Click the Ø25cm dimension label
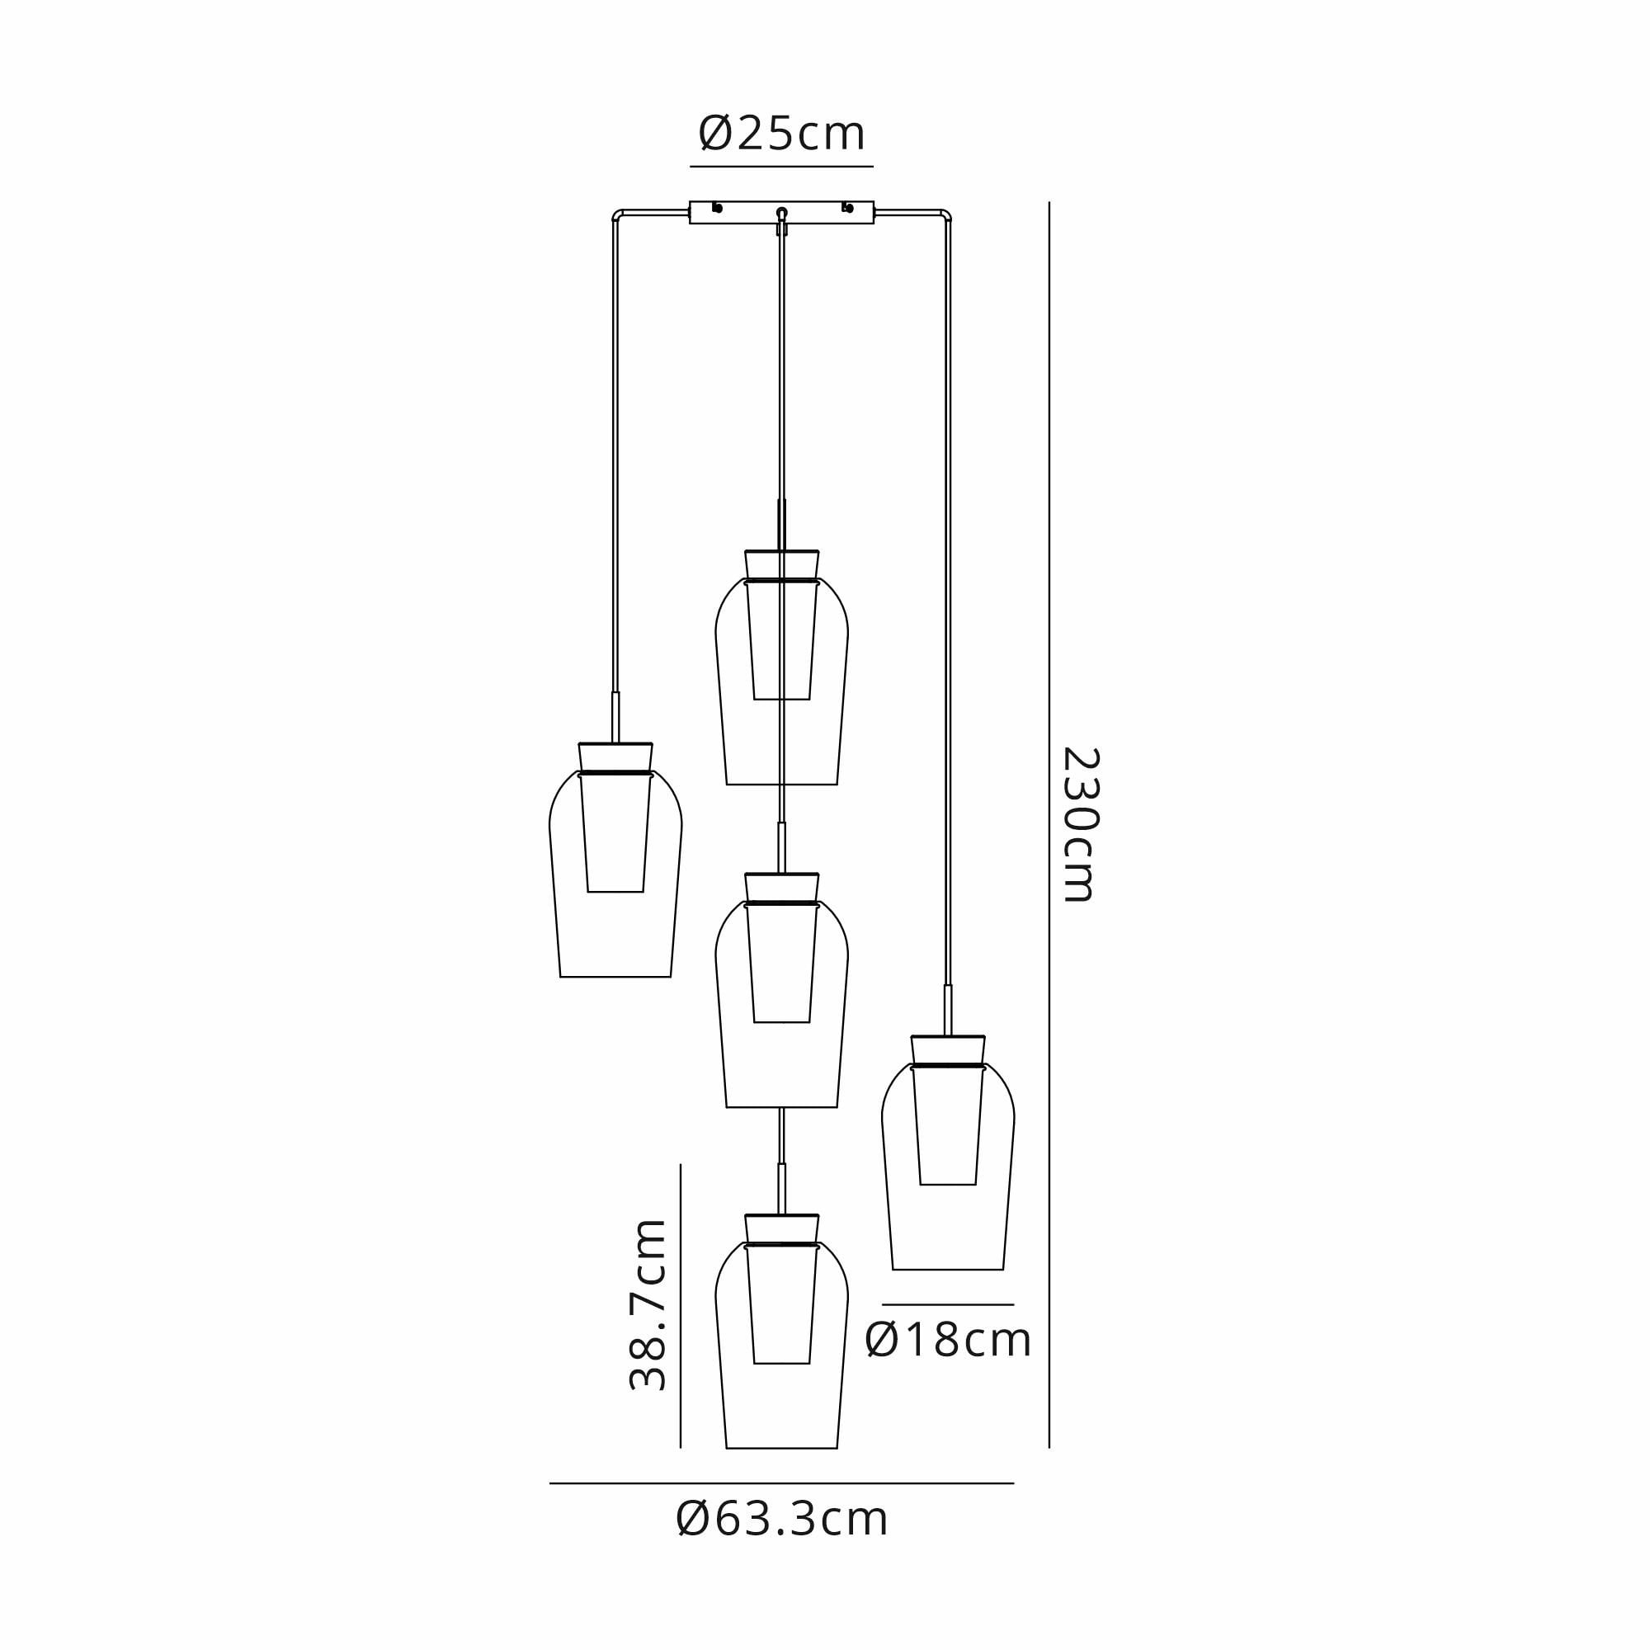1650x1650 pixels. click(x=781, y=134)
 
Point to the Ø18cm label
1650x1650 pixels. click(x=948, y=1340)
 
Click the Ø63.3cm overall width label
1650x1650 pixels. click(x=782, y=1520)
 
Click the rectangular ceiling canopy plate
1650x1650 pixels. click(x=781, y=213)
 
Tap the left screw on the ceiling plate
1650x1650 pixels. click(x=718, y=208)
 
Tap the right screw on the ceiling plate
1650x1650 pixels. click(x=847, y=208)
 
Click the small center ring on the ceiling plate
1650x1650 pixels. click(x=781, y=212)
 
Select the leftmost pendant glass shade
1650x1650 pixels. click(x=615, y=873)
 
